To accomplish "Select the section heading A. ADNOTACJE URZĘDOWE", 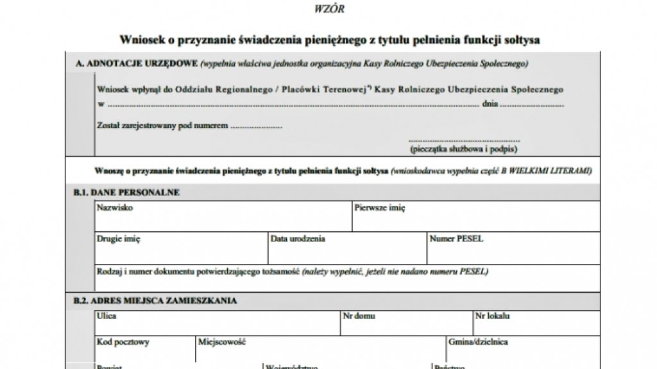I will tap(136, 64).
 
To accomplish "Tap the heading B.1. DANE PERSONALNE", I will tap(126, 192).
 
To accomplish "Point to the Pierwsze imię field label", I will tap(380, 208).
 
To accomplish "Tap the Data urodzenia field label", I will tap(298, 239).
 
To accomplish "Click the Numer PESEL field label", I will tap(457, 239).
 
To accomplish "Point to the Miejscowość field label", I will tap(223, 342).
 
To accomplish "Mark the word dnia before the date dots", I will tap(490, 104).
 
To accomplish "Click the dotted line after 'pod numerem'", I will tap(256, 126).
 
